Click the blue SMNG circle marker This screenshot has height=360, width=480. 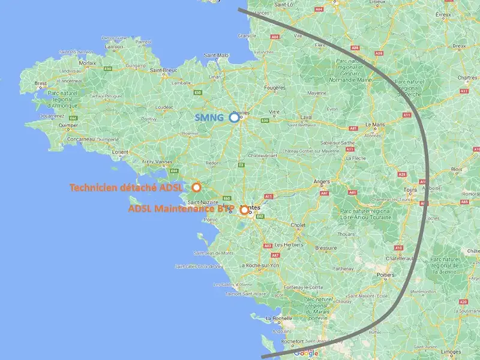234,118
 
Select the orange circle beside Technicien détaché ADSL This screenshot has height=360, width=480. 196,187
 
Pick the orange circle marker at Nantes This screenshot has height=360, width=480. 244,210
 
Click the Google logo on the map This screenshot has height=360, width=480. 306,353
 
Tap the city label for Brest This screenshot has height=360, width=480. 41,83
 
